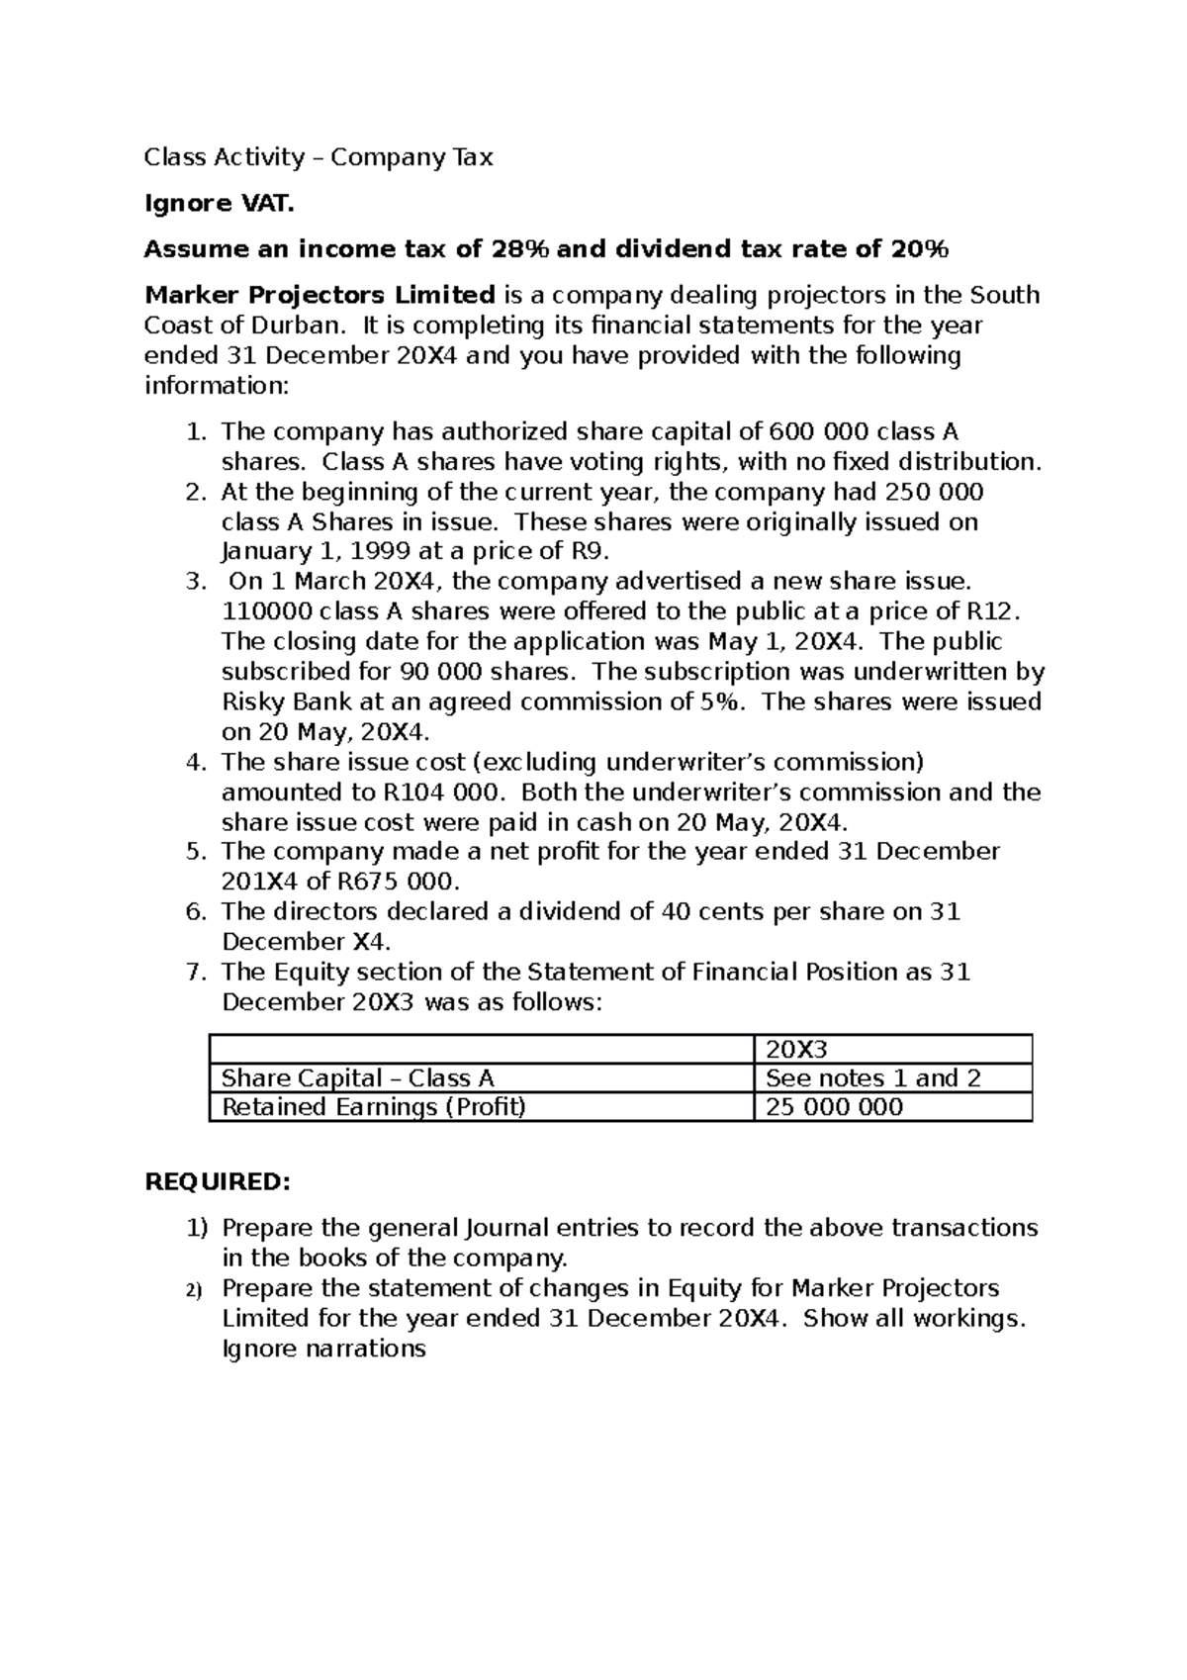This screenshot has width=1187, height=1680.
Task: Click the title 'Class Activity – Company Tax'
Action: (x=318, y=157)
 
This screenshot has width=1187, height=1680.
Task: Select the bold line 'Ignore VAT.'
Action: (x=219, y=204)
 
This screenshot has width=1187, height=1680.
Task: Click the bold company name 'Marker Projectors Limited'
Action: (x=320, y=295)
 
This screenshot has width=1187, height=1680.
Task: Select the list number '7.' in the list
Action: (x=196, y=973)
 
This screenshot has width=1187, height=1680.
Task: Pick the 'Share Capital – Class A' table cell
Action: (x=357, y=1078)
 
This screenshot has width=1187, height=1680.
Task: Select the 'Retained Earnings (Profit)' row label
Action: (x=373, y=1107)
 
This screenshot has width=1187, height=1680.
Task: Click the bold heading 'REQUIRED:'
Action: (x=218, y=1182)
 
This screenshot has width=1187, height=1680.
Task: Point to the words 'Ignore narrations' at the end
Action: (x=323, y=1349)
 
